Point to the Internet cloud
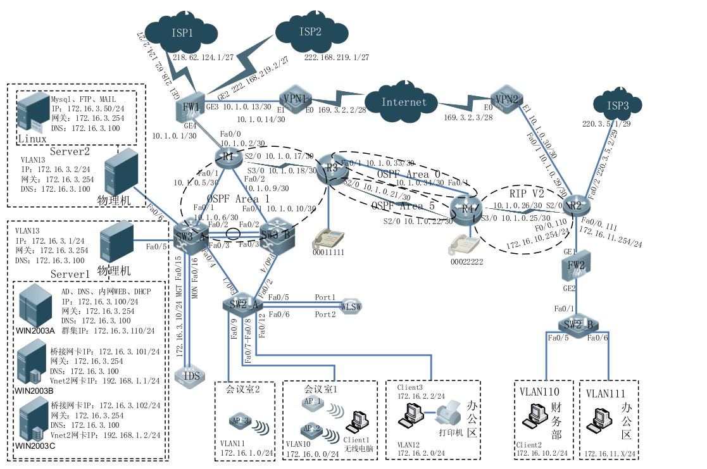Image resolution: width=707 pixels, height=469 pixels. click(x=404, y=101)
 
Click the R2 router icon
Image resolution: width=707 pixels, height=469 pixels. click(x=573, y=204)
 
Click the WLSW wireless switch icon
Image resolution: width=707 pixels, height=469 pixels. click(x=351, y=306)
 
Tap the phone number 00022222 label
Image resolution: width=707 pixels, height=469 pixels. click(x=467, y=261)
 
